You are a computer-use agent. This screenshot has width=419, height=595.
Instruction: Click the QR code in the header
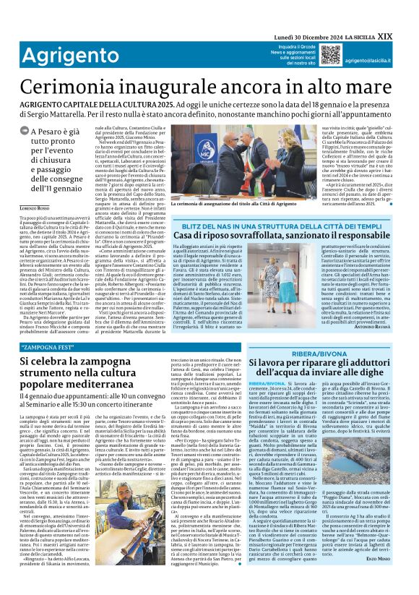click(332, 55)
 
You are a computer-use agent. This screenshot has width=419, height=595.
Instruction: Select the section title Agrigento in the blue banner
click(52, 56)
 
